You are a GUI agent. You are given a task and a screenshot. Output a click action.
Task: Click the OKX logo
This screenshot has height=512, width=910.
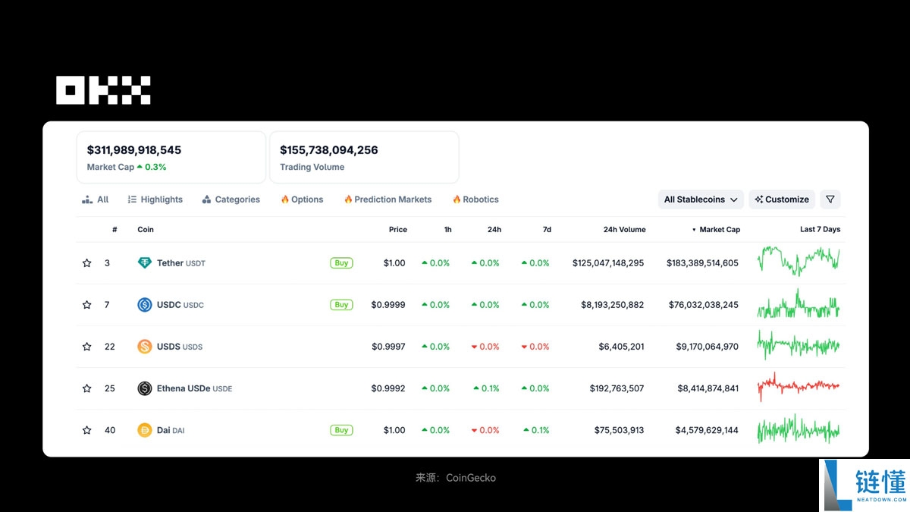(103, 90)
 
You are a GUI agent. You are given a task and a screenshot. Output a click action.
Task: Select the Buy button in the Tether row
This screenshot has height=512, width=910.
(341, 263)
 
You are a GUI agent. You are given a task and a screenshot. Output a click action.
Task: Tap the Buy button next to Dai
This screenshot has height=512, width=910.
(341, 430)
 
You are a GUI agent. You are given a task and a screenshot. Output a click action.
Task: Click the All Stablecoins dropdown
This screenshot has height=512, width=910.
(701, 199)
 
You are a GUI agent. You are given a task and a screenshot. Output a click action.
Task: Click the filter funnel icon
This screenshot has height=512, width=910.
(830, 199)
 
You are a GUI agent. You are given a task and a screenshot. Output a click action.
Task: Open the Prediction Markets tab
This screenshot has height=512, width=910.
(388, 199)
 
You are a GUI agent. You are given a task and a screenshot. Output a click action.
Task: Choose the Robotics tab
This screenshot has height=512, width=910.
(475, 199)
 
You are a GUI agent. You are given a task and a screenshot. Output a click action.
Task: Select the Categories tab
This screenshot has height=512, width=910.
(231, 199)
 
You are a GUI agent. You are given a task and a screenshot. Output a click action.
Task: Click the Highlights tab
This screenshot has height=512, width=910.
(155, 199)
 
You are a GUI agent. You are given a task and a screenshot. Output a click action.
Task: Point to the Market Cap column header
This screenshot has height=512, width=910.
(719, 229)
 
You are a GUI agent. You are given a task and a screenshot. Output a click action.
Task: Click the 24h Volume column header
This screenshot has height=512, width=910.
(624, 229)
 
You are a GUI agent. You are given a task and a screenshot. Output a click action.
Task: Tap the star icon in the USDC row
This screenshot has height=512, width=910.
(87, 305)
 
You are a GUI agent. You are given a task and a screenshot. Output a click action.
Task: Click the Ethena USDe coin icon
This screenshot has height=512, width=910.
(144, 388)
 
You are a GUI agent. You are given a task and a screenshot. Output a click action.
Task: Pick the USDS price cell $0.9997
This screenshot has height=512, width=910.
(388, 347)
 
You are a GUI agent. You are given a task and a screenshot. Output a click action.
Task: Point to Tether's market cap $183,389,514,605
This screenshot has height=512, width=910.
(702, 263)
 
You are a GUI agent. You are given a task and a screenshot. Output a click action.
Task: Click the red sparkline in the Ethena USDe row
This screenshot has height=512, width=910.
(798, 386)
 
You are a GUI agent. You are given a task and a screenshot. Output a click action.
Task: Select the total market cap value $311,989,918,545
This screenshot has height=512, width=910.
(134, 150)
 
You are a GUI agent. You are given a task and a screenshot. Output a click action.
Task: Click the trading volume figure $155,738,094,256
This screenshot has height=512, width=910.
(328, 150)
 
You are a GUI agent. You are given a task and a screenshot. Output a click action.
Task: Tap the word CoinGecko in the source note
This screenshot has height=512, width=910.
(471, 478)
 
